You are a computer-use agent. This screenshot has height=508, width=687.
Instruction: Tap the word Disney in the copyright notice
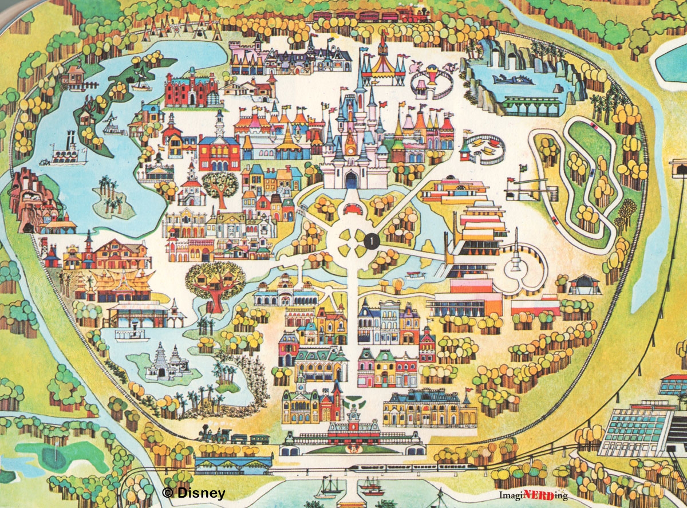coord(201,493)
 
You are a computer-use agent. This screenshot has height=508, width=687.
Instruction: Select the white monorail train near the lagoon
coord(412,467)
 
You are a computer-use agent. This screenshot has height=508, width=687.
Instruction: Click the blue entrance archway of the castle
coord(351,181)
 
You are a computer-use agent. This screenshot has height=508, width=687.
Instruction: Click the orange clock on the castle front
coord(350,138)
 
